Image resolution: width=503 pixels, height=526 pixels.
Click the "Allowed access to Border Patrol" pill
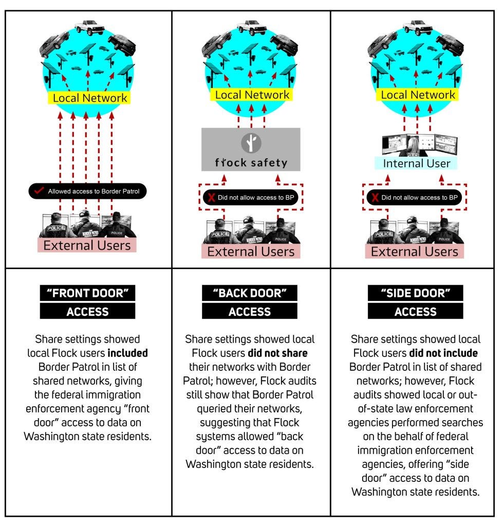coord(87,191)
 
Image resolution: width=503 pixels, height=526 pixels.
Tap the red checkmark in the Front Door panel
coord(39,190)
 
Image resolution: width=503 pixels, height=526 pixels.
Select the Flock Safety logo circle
coord(251,143)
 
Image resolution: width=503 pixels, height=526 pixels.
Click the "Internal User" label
coord(416,163)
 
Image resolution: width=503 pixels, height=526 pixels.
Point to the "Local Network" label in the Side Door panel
coord(418,95)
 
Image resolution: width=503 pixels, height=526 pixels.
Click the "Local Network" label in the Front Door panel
coord(89,98)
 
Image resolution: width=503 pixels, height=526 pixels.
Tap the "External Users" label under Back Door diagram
coord(251,252)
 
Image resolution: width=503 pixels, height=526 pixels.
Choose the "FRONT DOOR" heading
coord(87,293)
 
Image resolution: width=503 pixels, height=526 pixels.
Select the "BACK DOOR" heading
coord(250,293)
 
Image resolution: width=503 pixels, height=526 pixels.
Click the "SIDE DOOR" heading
coord(416,293)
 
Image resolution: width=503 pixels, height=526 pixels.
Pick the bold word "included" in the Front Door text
coord(127,353)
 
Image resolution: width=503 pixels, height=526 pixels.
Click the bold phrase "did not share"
coord(277,353)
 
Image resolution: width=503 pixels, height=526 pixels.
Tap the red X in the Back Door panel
coord(211,197)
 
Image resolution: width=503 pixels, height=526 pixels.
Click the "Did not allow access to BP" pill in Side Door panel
coord(414,197)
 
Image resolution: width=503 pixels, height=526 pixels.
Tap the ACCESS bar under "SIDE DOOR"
coord(416,311)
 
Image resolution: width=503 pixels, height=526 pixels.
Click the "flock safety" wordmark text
coord(251,163)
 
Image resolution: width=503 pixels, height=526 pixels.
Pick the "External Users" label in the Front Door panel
coord(87,245)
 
